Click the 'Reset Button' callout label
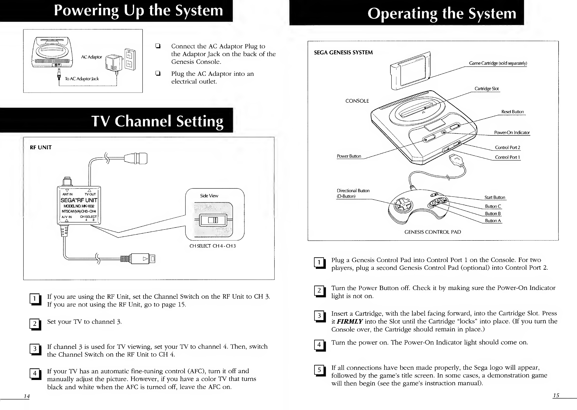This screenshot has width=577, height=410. tap(512, 112)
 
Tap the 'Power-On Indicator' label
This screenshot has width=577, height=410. tap(512, 133)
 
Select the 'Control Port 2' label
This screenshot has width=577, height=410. tap(507, 147)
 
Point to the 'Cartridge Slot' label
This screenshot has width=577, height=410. tap(486, 89)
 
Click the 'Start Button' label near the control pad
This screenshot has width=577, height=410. tap(494, 197)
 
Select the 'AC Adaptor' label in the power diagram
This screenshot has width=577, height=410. tap(92, 57)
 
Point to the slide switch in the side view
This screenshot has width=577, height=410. tap(213, 220)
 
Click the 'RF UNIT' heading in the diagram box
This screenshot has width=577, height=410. tap(41, 147)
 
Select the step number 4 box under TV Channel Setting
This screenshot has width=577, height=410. tap(35, 373)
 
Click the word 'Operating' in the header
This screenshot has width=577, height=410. tap(402, 13)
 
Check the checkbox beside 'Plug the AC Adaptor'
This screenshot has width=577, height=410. tap(158, 74)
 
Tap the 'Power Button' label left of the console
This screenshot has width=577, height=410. tap(349, 156)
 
